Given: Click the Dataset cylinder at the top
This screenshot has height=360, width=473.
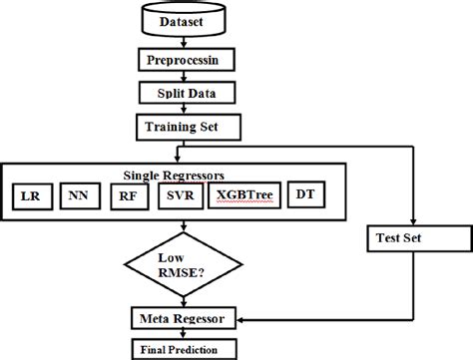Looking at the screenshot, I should pyautogui.click(x=180, y=20).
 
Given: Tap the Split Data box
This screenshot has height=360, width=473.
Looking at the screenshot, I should pyautogui.click(x=180, y=93).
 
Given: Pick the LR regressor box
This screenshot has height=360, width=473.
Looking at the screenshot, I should pyautogui.click(x=30, y=195).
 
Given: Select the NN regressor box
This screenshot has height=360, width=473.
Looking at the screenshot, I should pyautogui.click(x=79, y=195).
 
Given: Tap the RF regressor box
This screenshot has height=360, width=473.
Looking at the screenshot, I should pyautogui.click(x=128, y=195).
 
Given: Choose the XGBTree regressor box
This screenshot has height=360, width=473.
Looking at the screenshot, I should pyautogui.click(x=243, y=195).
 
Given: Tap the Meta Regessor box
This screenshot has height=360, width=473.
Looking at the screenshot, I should pyautogui.click(x=180, y=318).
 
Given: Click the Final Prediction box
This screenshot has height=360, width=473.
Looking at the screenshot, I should pyautogui.click(x=180, y=349).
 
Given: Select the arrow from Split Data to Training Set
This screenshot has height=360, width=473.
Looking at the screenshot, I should pyautogui.click(x=180, y=110).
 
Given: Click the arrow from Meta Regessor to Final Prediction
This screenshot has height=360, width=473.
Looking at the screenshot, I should pyautogui.click(x=180, y=334).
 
